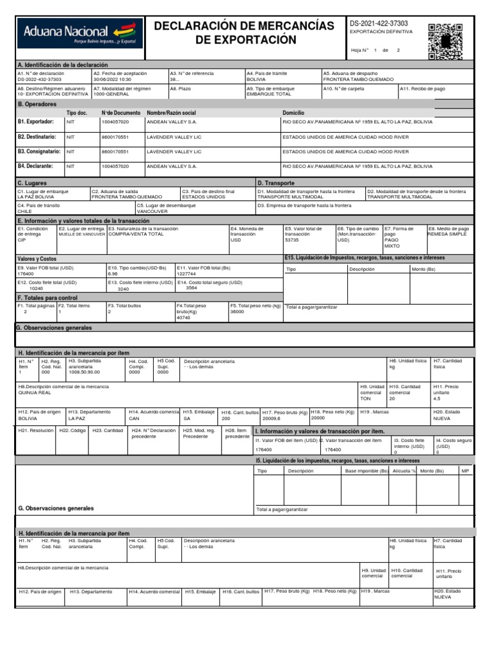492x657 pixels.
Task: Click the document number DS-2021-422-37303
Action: (x=378, y=23)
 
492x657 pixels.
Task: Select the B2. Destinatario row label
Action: (x=37, y=137)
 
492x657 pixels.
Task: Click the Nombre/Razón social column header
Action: (x=171, y=112)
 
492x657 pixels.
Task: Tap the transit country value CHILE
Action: (x=25, y=210)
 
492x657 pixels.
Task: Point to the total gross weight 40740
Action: (x=184, y=318)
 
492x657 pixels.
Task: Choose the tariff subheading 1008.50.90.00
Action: (x=85, y=372)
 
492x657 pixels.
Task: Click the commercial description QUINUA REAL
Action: (x=35, y=393)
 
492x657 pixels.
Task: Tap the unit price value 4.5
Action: (x=438, y=398)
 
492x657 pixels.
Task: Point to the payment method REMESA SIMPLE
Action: (x=448, y=235)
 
